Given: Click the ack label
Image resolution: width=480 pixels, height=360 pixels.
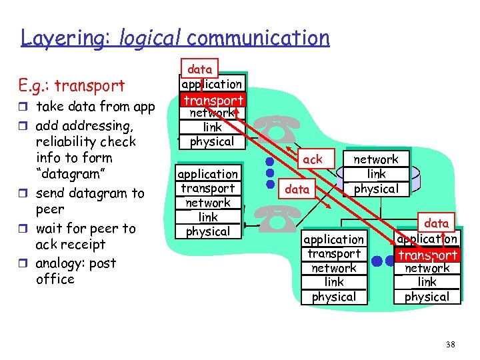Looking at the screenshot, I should [x=312, y=159].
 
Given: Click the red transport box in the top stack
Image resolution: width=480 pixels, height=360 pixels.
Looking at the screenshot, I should [x=213, y=99].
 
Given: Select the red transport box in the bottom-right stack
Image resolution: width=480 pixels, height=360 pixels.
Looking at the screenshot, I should [x=427, y=254].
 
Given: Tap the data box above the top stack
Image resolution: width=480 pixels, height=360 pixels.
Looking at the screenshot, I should [x=199, y=69].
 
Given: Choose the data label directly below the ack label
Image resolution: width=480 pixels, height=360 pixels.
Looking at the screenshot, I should [x=297, y=189].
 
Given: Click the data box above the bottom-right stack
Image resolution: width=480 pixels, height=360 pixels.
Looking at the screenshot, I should [x=437, y=223].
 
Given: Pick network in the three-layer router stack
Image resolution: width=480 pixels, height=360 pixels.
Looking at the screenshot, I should [x=375, y=159].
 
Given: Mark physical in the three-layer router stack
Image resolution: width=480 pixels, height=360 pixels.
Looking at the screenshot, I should [x=376, y=189].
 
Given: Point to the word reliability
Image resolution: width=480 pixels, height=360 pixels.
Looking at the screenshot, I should [x=70, y=141].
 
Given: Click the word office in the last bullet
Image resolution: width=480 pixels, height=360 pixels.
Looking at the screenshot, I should [x=55, y=279].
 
